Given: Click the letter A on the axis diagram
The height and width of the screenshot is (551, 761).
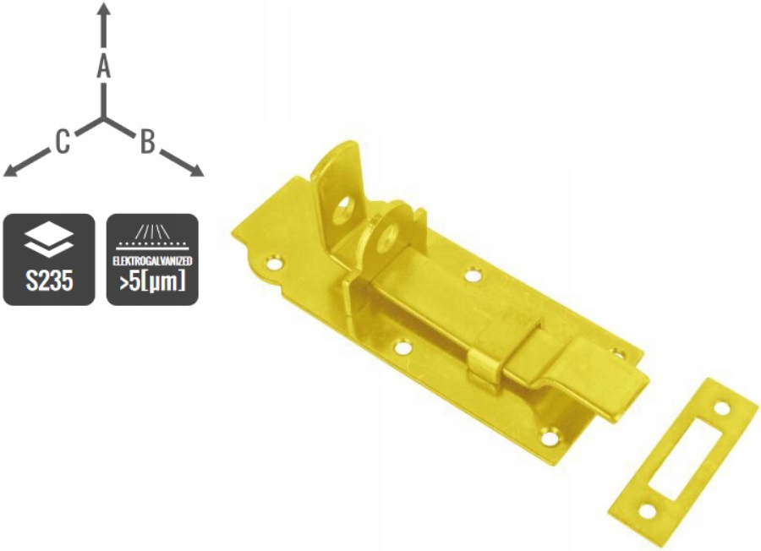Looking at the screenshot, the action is (103, 66).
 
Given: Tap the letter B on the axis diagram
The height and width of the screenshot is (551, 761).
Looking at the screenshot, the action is (147, 142).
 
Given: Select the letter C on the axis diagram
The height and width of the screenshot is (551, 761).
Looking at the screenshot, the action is (62, 142).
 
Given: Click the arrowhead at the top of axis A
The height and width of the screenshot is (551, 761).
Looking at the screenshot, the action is (103, 8).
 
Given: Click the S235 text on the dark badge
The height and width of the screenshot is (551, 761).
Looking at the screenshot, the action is (49, 281).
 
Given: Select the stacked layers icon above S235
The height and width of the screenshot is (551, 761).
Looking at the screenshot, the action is (48, 242).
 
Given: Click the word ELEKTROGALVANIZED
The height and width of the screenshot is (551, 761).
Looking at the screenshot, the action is (152, 261).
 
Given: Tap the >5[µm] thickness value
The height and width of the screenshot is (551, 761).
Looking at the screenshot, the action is (152, 281).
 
